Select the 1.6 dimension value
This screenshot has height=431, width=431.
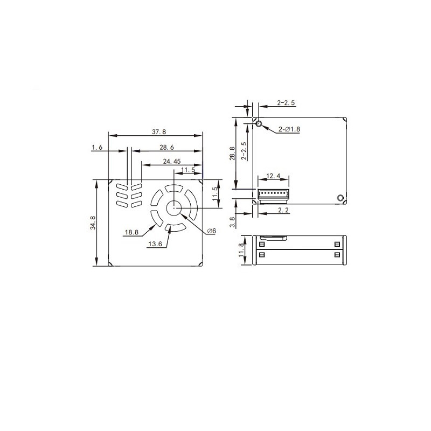[x=97, y=147]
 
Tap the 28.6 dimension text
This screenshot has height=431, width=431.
[x=166, y=147]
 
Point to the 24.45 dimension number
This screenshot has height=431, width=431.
[x=171, y=161]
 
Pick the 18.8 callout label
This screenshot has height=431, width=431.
[x=131, y=233]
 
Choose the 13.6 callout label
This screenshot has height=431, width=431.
[x=155, y=244]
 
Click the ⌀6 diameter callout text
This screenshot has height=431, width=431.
[x=211, y=231]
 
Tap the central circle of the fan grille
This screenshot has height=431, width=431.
[x=174, y=207]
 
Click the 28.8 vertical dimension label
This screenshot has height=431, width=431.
[x=232, y=153]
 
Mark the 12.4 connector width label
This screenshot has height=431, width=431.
[x=274, y=176]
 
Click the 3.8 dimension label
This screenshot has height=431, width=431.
[x=232, y=221]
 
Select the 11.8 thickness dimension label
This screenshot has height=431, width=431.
[x=242, y=250]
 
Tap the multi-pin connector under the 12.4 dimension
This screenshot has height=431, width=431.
[x=273, y=193]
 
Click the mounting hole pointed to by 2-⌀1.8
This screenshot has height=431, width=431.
[x=259, y=124]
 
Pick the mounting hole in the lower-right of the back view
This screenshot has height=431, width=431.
[x=340, y=198]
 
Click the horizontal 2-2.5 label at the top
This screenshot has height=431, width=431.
[x=286, y=102]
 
